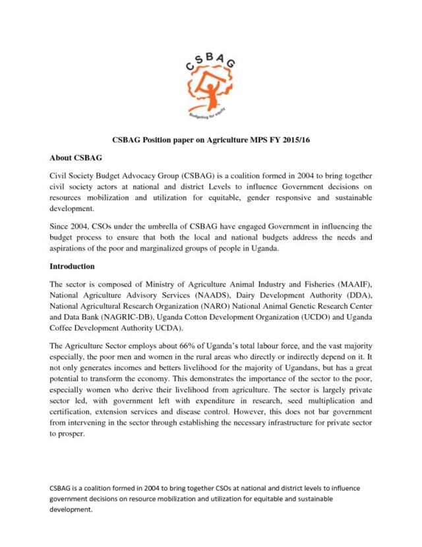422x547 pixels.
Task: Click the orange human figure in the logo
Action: pos(210,86)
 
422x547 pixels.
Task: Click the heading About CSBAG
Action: pos(76,159)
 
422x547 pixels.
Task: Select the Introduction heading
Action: pos(73,267)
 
